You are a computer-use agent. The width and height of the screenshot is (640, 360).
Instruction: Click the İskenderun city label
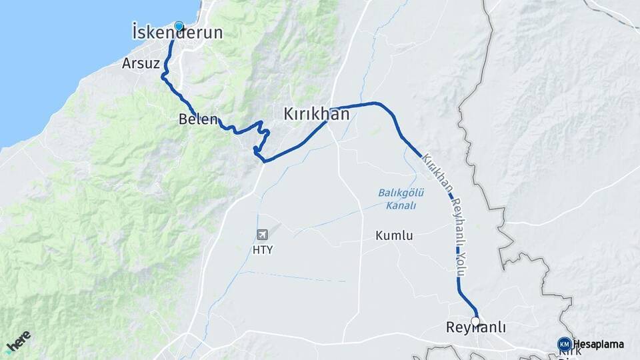tap(177, 33)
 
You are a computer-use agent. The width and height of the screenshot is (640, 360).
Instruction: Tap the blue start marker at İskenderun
tap(179, 27)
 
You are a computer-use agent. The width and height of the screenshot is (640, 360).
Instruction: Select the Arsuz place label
tap(139, 63)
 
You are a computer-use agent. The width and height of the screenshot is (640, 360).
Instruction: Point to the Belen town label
tap(198, 120)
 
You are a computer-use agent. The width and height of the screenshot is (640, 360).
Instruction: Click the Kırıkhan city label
tap(316, 114)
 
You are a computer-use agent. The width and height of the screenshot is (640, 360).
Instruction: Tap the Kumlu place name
tap(394, 235)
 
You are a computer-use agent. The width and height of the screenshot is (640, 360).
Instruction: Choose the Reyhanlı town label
tap(475, 328)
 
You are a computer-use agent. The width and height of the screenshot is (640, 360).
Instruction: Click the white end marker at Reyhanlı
tap(475, 321)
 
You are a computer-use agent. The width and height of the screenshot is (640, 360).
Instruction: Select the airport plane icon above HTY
tap(263, 235)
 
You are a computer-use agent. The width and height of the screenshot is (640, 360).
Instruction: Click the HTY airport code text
tap(263, 250)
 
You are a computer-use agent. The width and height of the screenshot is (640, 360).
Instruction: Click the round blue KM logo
tap(565, 344)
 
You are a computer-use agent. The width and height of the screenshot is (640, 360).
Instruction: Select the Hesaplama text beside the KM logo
tap(598, 344)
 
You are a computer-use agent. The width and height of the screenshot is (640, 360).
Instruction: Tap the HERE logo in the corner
tap(18, 342)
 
